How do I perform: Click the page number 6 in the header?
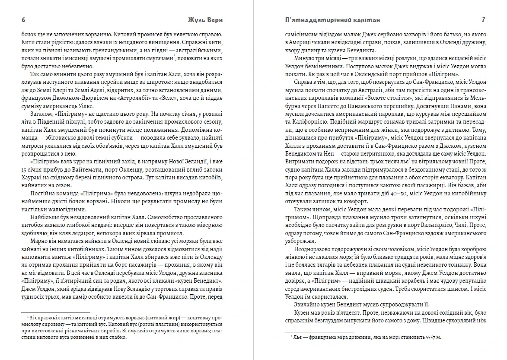click(23, 20)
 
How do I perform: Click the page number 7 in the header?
click(484, 20)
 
